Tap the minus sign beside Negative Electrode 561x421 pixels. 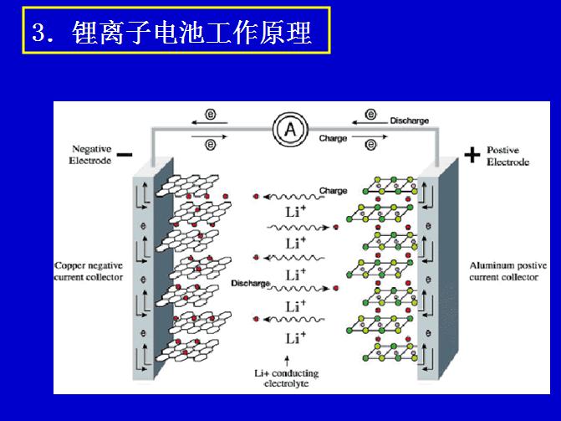point(125,154)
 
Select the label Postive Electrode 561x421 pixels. point(507,156)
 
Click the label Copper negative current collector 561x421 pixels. point(89,271)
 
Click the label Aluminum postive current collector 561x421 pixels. point(508,271)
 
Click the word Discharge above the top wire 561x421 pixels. point(409,121)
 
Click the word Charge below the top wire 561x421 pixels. point(333,139)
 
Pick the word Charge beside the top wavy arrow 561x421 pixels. point(333,191)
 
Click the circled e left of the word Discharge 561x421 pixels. point(370,115)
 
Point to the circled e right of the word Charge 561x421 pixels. point(370,144)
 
